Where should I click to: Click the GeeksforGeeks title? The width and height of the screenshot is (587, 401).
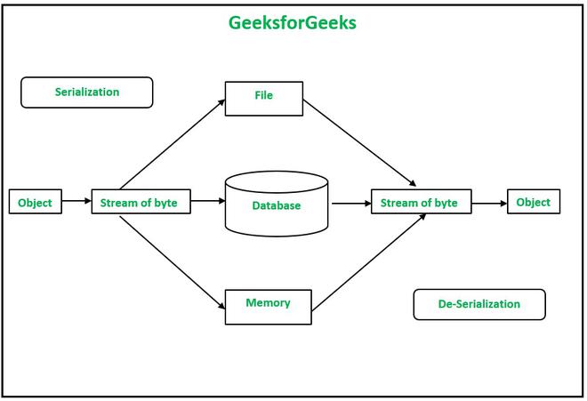click(293, 23)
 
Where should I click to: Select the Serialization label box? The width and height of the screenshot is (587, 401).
click(87, 92)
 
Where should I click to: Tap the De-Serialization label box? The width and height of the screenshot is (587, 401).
click(478, 304)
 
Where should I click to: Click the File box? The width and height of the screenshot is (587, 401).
click(263, 98)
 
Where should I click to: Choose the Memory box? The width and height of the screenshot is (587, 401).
click(268, 306)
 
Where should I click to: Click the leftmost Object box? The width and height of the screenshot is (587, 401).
click(36, 203)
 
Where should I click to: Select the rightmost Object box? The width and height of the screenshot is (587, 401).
click(534, 203)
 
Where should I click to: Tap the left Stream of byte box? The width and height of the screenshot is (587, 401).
click(139, 203)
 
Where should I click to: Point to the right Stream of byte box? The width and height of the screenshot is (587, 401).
click(420, 204)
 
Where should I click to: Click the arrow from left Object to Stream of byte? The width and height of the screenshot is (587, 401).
click(76, 202)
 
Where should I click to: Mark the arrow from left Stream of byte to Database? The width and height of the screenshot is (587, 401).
click(207, 202)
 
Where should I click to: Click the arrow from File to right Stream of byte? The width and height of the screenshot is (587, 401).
click(361, 143)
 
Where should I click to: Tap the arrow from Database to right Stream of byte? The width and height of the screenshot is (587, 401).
click(350, 204)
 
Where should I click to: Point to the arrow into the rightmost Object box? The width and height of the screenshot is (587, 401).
click(489, 204)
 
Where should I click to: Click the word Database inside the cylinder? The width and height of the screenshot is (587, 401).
click(277, 206)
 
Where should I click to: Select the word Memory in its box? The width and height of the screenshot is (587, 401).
click(268, 303)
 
